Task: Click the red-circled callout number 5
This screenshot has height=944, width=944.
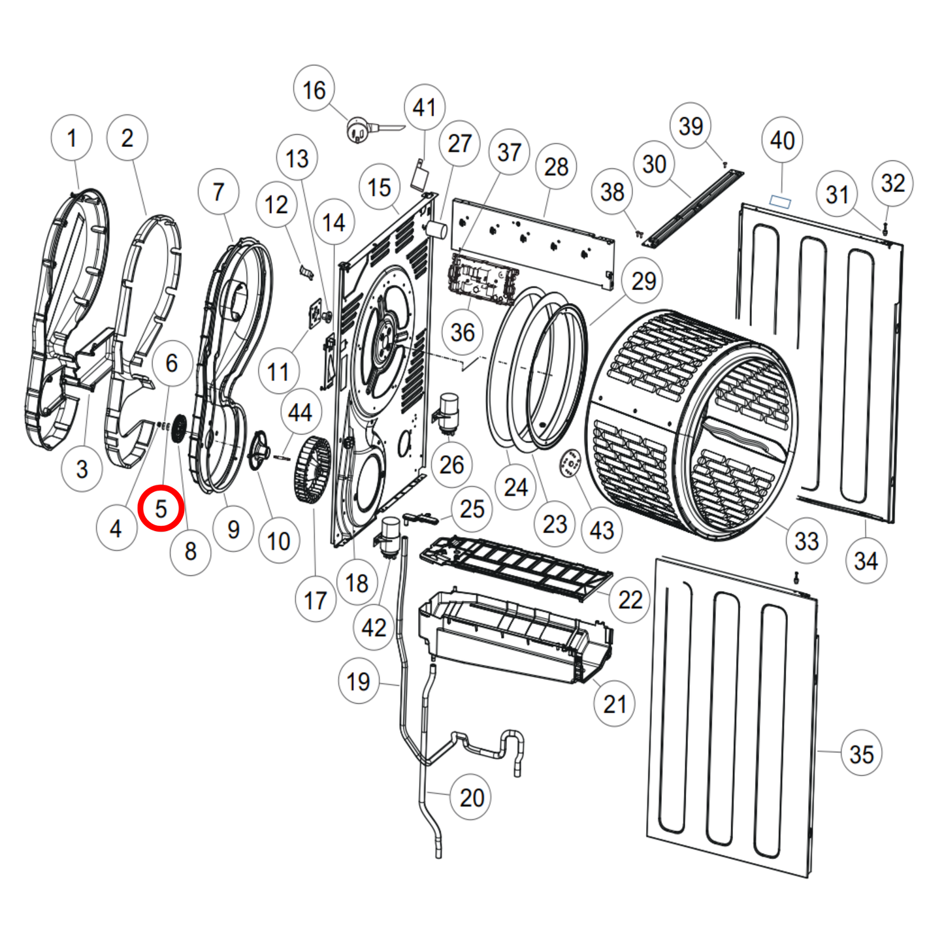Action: tap(161, 508)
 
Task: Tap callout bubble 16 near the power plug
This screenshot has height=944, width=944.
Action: tap(314, 90)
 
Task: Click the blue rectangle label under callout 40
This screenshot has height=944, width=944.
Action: tap(780, 201)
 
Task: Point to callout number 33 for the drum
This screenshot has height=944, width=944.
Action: tap(806, 540)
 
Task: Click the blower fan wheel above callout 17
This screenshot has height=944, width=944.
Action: tap(313, 470)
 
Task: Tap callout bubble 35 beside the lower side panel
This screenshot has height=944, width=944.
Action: tap(861, 754)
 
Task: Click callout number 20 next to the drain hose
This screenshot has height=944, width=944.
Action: tap(472, 797)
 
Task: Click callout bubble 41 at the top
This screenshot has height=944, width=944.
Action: tap(424, 107)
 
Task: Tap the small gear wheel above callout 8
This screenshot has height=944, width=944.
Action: tap(178, 430)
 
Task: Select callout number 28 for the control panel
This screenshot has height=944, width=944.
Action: tap(556, 167)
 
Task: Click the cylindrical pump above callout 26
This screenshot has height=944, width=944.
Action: tap(449, 412)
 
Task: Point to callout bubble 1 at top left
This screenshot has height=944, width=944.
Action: tap(71, 138)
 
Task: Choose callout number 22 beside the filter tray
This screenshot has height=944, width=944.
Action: tap(630, 599)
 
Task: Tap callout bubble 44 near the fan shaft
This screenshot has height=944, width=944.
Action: tap(300, 412)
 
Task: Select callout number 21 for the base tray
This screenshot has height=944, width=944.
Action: tap(614, 704)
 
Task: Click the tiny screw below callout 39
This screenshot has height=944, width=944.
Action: tap(724, 165)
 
